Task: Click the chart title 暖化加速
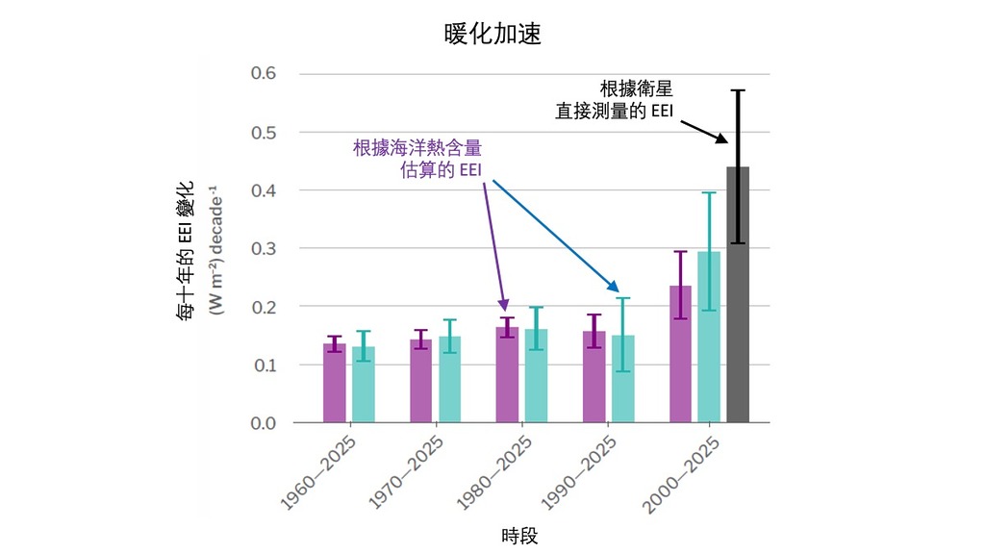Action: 492,34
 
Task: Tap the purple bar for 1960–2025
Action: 334,385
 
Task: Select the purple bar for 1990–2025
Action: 594,379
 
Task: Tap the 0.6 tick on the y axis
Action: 264,73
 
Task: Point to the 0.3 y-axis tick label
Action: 264,248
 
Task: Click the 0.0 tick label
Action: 264,423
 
